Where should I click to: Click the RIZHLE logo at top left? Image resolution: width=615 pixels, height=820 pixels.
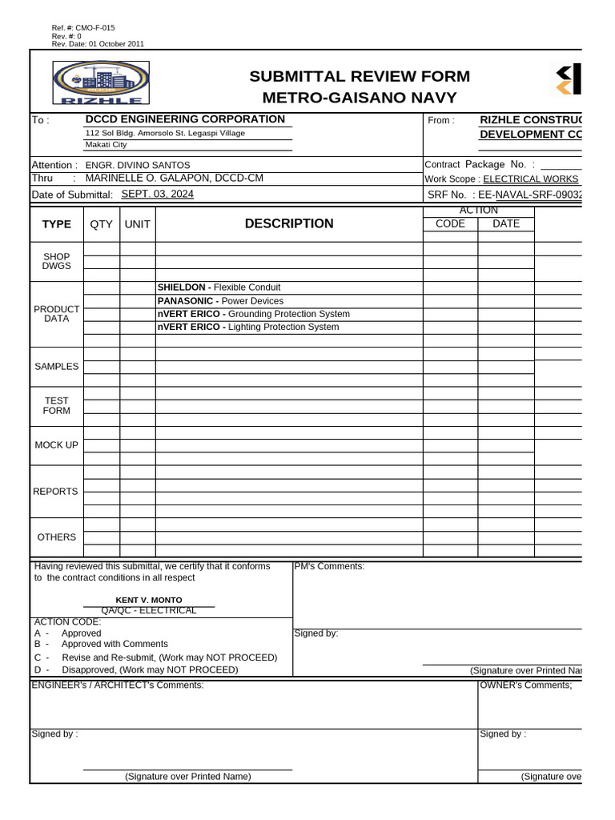click(97, 84)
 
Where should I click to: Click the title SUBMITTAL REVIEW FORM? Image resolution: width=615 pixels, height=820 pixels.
click(360, 77)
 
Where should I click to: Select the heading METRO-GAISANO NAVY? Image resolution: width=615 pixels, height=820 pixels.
click(360, 98)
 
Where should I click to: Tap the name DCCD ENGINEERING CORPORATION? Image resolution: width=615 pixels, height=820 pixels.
click(185, 119)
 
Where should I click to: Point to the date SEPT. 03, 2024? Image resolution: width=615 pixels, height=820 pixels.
click(157, 194)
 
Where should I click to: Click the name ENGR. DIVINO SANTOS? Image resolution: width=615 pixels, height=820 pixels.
click(138, 165)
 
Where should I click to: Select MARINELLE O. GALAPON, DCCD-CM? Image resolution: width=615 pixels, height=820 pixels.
click(174, 179)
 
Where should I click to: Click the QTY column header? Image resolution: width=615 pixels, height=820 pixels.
click(102, 224)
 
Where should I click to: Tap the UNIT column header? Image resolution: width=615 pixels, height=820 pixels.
click(137, 224)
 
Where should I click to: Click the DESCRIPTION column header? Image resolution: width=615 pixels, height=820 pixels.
click(289, 224)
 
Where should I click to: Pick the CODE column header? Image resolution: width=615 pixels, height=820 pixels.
click(450, 224)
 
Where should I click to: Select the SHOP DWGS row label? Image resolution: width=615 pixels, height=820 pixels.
click(57, 261)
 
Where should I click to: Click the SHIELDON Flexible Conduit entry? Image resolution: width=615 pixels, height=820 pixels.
click(219, 287)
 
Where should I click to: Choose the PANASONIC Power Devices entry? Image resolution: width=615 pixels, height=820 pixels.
click(220, 301)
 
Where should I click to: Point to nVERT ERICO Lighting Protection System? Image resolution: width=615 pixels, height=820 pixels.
click(247, 327)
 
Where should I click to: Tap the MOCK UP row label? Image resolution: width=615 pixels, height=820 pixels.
click(57, 445)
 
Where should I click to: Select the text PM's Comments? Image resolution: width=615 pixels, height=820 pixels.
click(329, 567)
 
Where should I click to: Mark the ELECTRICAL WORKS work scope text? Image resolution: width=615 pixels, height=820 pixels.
click(530, 179)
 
